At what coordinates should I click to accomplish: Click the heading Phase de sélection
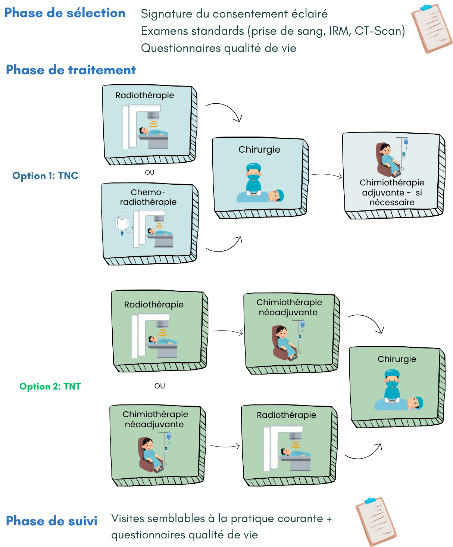point(65,13)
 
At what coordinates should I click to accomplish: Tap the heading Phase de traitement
point(71,70)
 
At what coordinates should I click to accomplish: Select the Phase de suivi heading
point(51,521)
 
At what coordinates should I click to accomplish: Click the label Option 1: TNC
point(46,176)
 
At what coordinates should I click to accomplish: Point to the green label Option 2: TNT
point(50,387)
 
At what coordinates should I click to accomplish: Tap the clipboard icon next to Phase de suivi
point(376,521)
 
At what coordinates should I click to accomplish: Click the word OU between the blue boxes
point(150,172)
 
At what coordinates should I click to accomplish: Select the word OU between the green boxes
point(160,386)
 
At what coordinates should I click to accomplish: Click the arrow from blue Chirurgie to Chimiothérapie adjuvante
point(327,175)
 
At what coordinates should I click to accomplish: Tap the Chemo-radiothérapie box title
point(148,197)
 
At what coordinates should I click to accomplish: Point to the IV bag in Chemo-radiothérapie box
point(122,224)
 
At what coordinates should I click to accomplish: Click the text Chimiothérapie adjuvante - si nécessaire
point(392,193)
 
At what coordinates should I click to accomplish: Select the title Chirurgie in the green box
point(397,359)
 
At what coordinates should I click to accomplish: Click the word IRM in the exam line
point(339,31)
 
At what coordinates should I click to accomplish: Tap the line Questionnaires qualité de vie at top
point(218,48)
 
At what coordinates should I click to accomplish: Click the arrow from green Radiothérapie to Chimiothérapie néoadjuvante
point(228,332)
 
